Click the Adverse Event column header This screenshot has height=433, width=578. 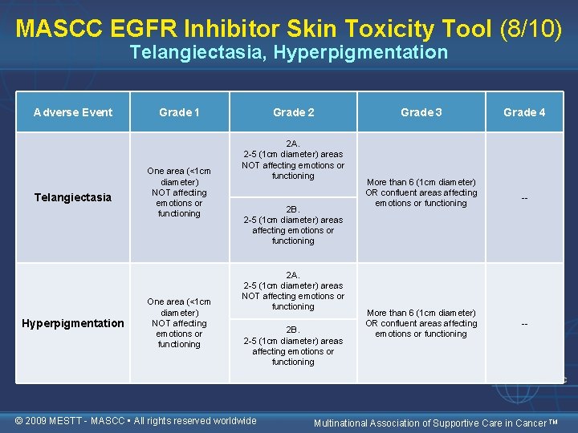coord(73,112)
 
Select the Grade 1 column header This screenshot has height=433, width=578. coord(180,112)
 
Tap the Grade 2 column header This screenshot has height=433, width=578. coord(293,112)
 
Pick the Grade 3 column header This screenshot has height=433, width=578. coord(421,112)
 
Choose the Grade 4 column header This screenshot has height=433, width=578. coord(524,112)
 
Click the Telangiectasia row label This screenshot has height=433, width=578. coord(73,197)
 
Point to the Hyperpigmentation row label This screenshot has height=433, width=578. coord(73,323)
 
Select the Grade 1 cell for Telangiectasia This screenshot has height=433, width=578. coord(179,192)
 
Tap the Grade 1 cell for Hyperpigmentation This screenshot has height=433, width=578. coord(179,323)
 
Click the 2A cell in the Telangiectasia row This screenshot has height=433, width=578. coord(293,160)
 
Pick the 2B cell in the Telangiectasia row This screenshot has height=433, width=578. coord(293,225)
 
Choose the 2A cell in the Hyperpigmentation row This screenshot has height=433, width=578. coord(293,290)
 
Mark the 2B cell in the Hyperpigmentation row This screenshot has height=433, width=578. coord(293,346)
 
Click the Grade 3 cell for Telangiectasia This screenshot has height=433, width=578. coord(421,192)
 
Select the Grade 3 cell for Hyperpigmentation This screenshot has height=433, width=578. coord(421,323)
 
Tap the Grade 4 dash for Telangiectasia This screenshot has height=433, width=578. coord(524,198)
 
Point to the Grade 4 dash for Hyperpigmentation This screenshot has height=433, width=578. coord(524,324)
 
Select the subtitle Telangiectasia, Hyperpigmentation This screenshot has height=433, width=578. coord(289,53)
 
